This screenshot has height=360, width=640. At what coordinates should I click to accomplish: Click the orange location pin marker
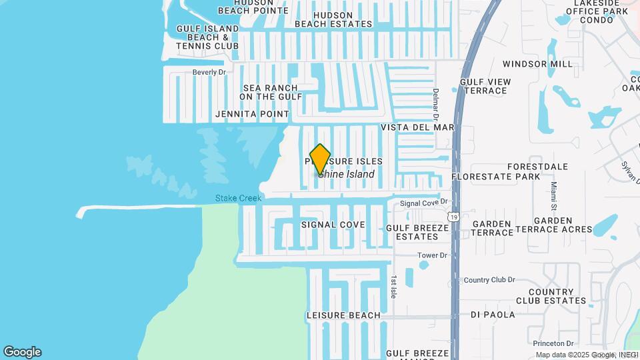(320, 159)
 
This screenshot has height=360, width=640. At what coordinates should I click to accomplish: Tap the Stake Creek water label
(238, 198)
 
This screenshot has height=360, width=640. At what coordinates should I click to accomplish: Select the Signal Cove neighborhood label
(333, 225)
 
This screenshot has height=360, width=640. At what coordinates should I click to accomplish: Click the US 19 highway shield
(454, 217)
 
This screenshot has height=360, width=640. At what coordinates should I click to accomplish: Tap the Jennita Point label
(252, 114)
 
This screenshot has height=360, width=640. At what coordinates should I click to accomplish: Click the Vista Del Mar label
(417, 127)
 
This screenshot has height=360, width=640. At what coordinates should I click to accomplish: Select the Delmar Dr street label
(435, 100)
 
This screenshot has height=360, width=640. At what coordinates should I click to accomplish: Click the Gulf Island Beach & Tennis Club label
(207, 37)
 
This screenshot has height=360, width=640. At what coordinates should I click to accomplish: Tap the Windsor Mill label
(537, 64)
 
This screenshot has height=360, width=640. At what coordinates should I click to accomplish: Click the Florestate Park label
(495, 177)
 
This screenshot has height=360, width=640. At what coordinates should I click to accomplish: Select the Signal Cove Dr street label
(423, 202)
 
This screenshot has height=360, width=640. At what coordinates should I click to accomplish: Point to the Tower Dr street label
(432, 255)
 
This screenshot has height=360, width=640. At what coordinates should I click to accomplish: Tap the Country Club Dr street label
(489, 280)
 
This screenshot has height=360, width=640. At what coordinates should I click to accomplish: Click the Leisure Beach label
(343, 315)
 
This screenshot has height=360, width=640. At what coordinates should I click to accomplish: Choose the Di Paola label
(493, 315)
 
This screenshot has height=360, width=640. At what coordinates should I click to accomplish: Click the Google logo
(22, 352)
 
